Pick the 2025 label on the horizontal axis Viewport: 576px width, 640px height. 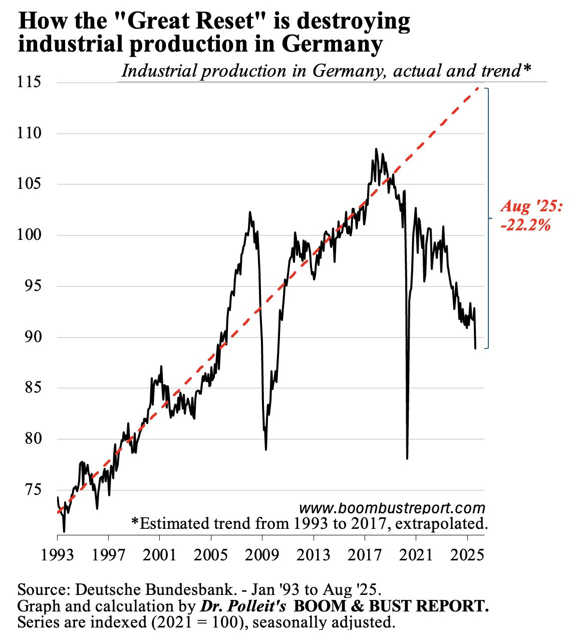[x=467, y=555]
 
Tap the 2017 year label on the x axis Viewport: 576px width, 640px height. [x=365, y=555]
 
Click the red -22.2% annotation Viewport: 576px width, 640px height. [x=525, y=225]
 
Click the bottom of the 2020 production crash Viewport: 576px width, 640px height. [x=407, y=458]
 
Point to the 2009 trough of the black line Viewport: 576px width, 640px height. [x=265, y=449]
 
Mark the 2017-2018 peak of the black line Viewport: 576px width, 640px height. [x=376, y=149]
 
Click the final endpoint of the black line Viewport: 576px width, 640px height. [x=475, y=348]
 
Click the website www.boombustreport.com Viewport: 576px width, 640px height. [x=392, y=508]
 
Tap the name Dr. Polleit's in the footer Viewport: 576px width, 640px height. [x=243, y=605]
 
